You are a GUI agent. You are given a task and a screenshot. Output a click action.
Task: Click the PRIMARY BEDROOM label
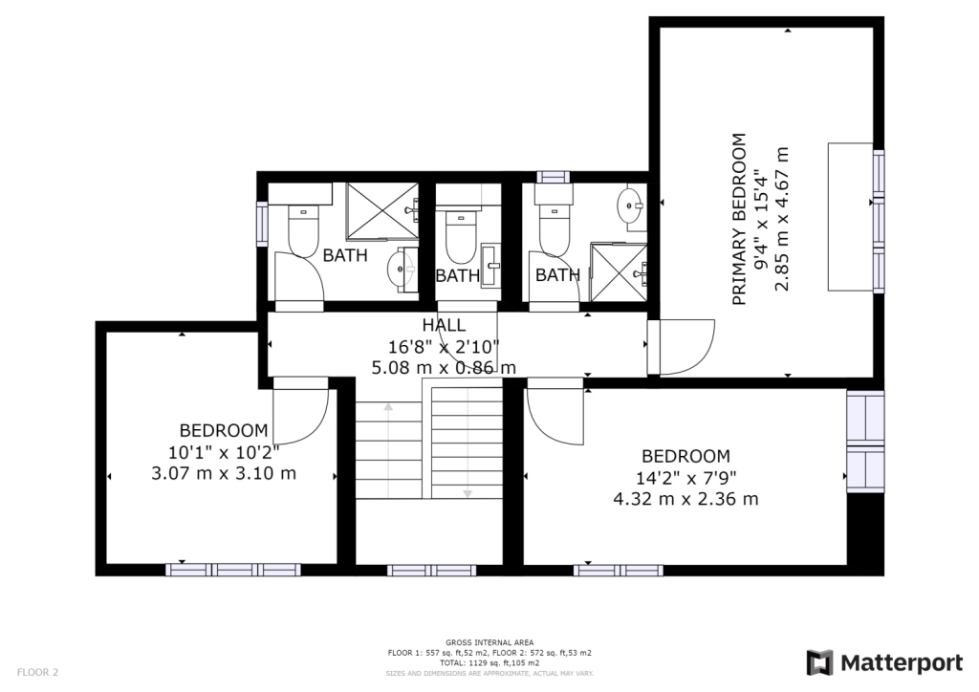tap(739, 219)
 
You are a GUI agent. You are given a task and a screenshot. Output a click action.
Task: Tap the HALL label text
tap(444, 325)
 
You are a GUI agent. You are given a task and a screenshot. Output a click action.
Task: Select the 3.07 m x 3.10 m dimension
tap(224, 473)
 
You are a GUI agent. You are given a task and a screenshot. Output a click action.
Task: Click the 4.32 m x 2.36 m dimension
tap(685, 499)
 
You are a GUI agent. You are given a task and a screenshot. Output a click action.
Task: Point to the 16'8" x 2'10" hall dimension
tap(444, 346)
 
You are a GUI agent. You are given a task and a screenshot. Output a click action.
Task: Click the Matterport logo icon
tap(819, 662)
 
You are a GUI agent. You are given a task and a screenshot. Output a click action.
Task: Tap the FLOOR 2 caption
tap(37, 672)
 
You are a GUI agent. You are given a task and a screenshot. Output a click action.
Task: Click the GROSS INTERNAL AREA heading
tap(489, 642)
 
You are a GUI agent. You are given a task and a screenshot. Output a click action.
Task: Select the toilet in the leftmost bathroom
tap(303, 230)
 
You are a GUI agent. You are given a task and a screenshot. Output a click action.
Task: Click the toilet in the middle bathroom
tap(462, 235)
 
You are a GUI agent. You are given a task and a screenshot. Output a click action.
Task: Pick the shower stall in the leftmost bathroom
tap(382, 210)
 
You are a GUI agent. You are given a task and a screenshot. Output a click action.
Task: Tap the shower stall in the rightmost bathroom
tap(619, 272)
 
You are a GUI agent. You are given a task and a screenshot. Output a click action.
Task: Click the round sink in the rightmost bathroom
tap(630, 205)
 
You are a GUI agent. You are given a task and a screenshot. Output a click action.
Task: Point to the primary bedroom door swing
tap(686, 347)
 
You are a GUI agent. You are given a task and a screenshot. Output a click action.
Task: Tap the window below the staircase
tap(431, 570)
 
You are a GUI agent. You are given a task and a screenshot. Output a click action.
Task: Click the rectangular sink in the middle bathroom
tap(491, 265)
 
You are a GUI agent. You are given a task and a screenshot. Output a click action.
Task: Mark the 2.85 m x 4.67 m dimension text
tap(782, 219)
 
